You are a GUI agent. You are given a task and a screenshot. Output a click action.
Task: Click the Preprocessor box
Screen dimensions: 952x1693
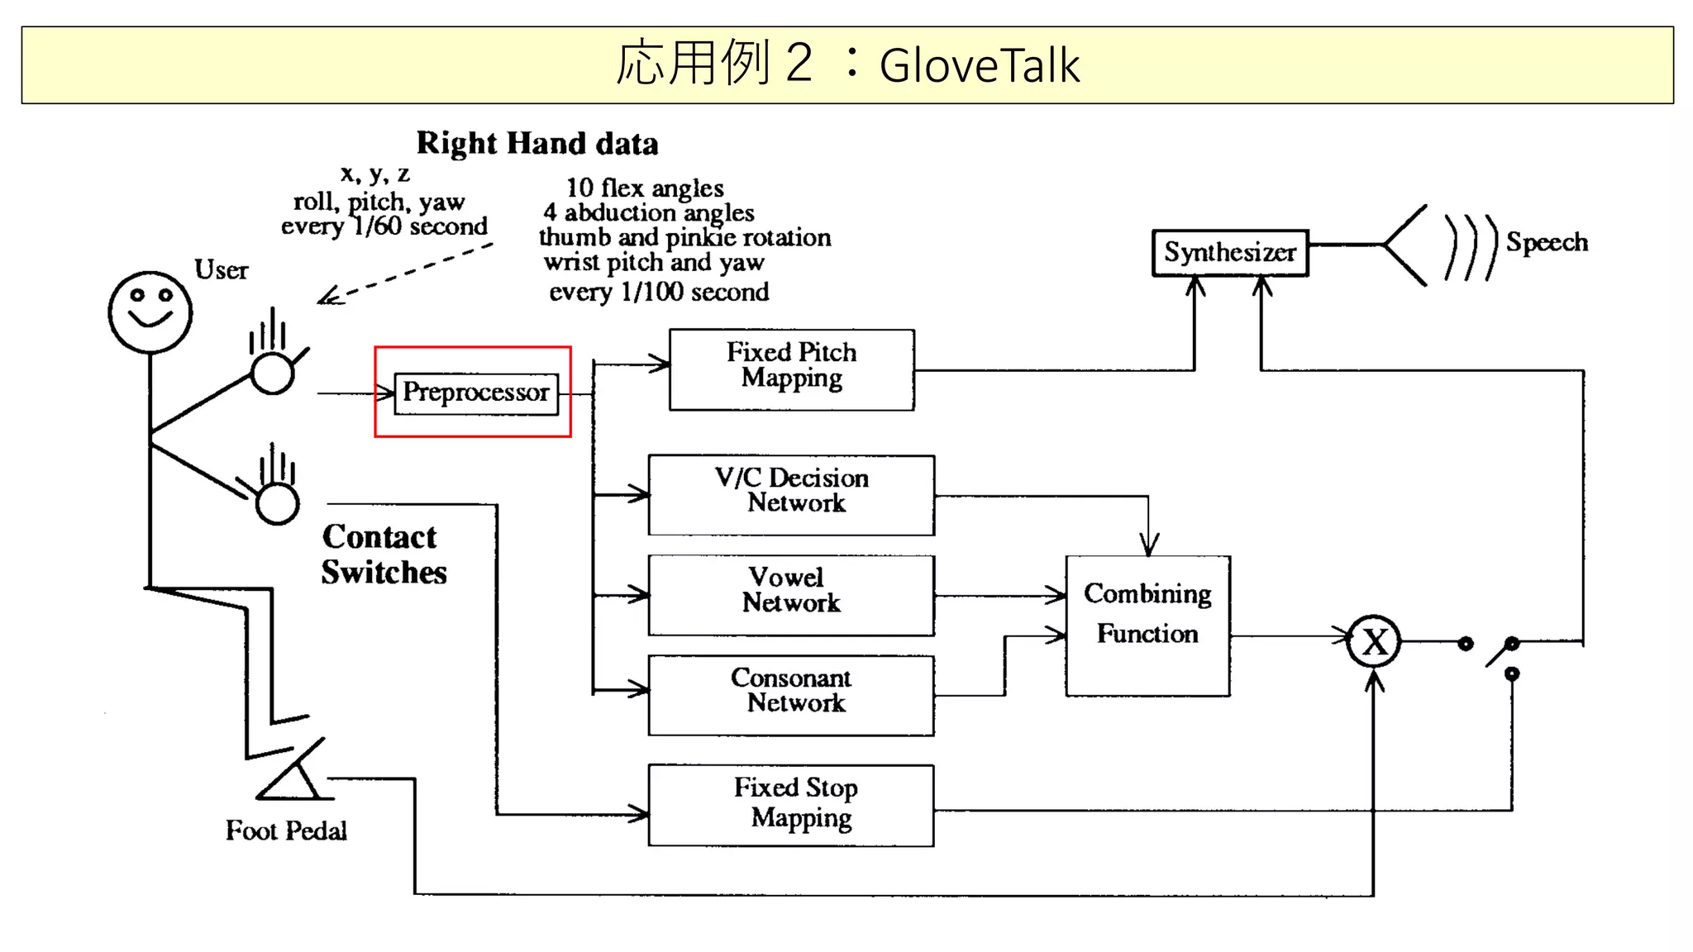tap(476, 393)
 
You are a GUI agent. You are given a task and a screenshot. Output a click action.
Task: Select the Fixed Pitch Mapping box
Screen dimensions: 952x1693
tap(791, 369)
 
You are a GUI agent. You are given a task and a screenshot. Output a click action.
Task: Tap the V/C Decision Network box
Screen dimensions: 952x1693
tap(791, 494)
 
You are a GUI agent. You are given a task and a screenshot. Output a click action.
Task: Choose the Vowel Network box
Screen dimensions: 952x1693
tap(791, 594)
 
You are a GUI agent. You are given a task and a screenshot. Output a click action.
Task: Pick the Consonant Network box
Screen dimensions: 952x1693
tap(791, 694)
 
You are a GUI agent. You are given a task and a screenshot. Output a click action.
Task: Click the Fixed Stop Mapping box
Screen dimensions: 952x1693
tap(791, 804)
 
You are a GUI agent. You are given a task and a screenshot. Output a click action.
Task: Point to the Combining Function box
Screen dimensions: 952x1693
tap(1147, 626)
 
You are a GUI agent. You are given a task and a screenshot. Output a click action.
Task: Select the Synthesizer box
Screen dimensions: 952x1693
tap(1230, 252)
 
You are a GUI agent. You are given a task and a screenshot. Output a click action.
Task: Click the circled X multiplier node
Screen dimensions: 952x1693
tap(1373, 641)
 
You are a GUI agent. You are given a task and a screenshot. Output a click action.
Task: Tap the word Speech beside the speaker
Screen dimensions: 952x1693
tap(1546, 242)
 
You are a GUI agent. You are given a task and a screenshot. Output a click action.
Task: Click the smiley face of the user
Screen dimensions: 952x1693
tap(150, 312)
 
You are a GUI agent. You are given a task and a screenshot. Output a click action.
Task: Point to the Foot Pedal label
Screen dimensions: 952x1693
tap(286, 830)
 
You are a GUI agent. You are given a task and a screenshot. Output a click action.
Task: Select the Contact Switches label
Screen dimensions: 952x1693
tap(383, 555)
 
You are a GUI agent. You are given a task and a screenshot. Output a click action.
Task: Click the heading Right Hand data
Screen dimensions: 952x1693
tap(537, 143)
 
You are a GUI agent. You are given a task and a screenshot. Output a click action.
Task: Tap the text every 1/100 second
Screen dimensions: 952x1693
tap(659, 292)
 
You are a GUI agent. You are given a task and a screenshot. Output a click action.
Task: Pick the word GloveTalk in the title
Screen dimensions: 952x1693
tap(979, 65)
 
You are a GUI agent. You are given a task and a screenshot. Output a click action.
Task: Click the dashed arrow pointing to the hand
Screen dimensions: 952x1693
tap(405, 274)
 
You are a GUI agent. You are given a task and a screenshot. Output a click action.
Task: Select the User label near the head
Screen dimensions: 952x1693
tap(221, 269)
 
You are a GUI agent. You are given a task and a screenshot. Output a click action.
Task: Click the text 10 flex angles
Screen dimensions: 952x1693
tap(645, 188)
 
